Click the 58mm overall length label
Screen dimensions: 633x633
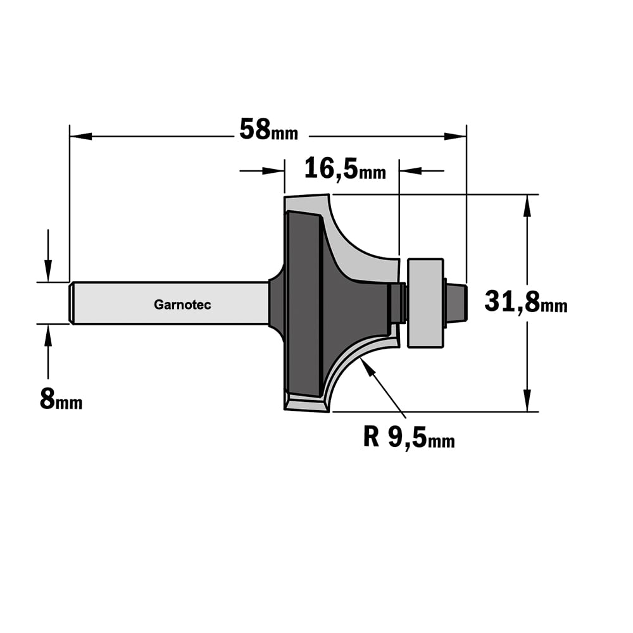(x=268, y=130)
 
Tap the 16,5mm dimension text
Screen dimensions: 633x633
(x=345, y=168)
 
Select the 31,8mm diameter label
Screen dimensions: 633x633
(x=525, y=302)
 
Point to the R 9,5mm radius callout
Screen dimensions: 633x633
(x=409, y=437)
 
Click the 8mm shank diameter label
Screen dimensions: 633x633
(x=61, y=399)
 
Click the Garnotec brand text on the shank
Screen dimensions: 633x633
(x=182, y=304)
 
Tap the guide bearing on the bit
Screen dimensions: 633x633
(x=425, y=303)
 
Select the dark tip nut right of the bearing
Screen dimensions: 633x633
(x=456, y=303)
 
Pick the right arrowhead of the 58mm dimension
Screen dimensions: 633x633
(x=455, y=137)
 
